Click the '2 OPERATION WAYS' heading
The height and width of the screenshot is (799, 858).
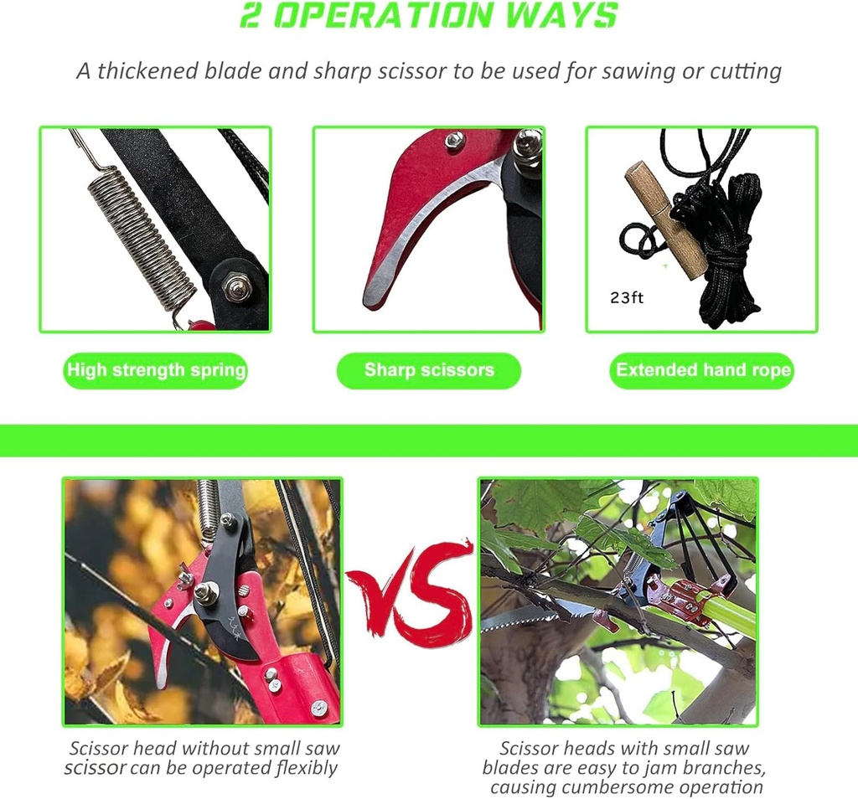(429, 15)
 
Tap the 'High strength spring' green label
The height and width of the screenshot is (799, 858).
(156, 370)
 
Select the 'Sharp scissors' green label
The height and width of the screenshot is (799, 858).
(429, 370)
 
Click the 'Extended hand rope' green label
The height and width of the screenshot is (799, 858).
(703, 370)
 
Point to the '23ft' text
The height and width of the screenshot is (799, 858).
(627, 298)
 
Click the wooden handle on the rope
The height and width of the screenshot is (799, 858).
(667, 219)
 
